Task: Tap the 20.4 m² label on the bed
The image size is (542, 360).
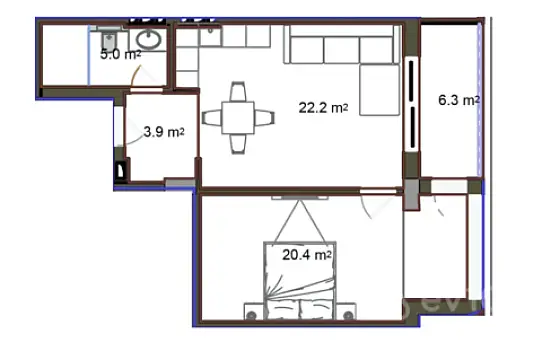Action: click(307, 255)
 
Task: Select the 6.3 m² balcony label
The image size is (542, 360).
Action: click(459, 100)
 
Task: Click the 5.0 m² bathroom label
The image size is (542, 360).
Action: click(119, 55)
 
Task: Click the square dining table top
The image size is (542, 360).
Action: click(239, 116)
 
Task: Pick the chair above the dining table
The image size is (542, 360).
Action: click(239, 90)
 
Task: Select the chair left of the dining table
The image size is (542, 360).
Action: click(213, 117)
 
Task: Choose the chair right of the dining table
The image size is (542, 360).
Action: click(265, 117)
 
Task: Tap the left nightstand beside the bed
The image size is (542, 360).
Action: click(250, 311)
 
